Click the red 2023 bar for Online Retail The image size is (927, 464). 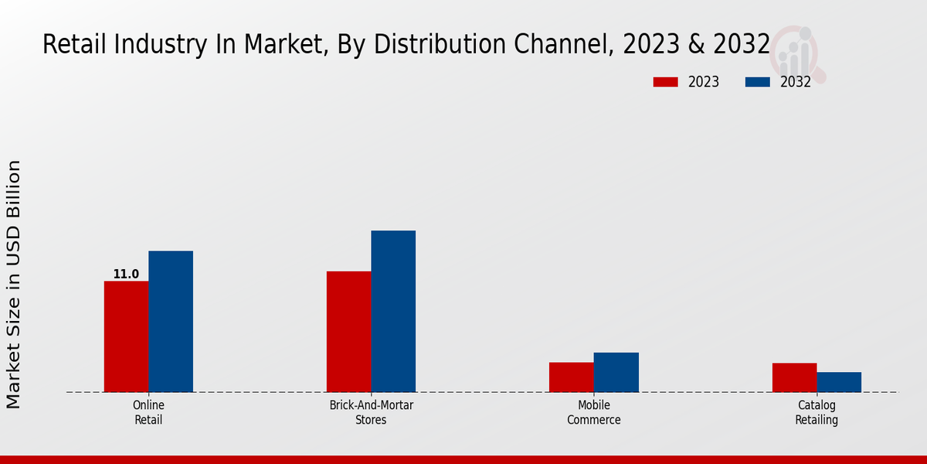click(x=126, y=336)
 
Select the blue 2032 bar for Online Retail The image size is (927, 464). click(x=171, y=321)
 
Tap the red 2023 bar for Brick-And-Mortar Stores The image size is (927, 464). click(x=348, y=331)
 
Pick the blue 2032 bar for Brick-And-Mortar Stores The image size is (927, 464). click(x=393, y=311)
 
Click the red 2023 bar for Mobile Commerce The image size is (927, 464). click(x=571, y=377)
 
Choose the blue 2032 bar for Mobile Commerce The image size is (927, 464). click(x=616, y=372)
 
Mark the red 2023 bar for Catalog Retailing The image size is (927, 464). click(x=794, y=377)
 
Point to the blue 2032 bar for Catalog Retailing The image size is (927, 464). click(x=839, y=382)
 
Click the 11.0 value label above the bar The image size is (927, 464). click(x=126, y=275)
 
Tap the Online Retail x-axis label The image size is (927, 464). click(x=148, y=413)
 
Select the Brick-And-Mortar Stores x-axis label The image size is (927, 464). click(x=371, y=413)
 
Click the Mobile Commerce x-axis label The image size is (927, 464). click(x=593, y=413)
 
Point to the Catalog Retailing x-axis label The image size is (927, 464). click(x=817, y=413)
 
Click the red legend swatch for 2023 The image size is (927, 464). click(x=665, y=82)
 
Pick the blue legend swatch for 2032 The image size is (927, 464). click(x=758, y=82)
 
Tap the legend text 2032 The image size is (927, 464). click(x=795, y=82)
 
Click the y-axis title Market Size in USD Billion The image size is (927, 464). click(x=14, y=284)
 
